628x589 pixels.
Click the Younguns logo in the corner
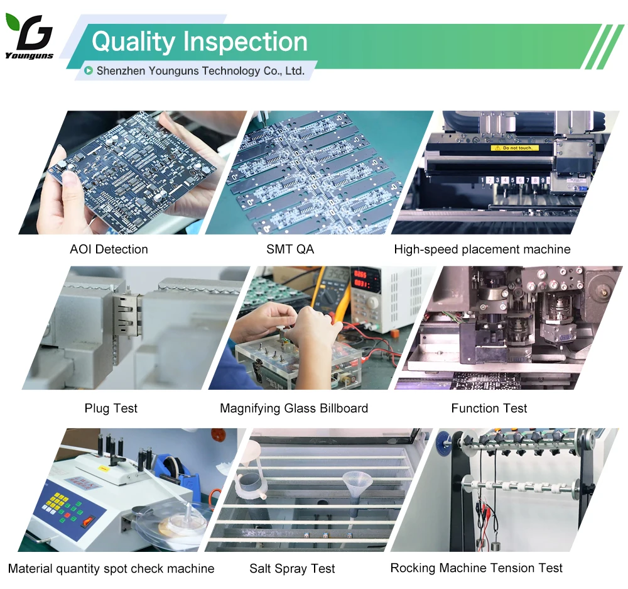(x=30, y=36)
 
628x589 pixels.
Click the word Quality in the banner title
(x=133, y=42)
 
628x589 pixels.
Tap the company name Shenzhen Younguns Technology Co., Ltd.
(x=200, y=71)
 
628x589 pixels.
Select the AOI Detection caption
(x=109, y=249)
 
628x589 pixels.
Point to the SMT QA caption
(x=290, y=249)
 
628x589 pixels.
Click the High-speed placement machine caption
(x=482, y=249)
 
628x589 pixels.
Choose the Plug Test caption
(x=111, y=408)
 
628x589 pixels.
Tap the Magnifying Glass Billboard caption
(x=294, y=408)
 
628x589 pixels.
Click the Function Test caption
(x=489, y=408)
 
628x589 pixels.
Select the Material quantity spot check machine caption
(x=111, y=568)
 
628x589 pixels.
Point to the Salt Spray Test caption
(x=292, y=568)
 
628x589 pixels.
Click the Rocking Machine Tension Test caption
(x=476, y=568)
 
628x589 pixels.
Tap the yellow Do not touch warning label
(x=515, y=148)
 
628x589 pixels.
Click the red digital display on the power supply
(x=361, y=279)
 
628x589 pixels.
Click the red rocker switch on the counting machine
(x=88, y=521)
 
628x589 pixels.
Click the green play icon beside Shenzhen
(x=89, y=71)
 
